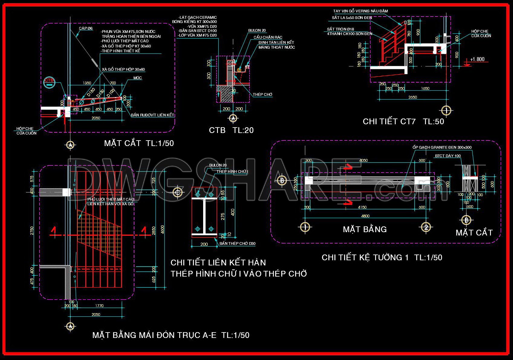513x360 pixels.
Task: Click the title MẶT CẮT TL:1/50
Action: (139, 143)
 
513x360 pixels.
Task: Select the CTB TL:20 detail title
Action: (231, 130)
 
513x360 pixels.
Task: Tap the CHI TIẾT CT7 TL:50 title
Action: (403, 122)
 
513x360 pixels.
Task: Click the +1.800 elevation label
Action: (477, 59)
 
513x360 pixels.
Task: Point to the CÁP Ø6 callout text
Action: (86, 28)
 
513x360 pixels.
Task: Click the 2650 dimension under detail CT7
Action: (412, 97)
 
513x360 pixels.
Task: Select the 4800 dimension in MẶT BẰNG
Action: (365, 216)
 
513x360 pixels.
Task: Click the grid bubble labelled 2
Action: (426, 227)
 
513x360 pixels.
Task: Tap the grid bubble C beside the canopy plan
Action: (177, 192)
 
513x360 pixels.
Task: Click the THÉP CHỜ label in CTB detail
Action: (262, 95)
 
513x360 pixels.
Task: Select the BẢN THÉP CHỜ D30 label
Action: (237, 243)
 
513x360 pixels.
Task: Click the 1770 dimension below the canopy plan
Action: (99, 306)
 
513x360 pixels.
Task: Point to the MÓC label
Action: (138, 78)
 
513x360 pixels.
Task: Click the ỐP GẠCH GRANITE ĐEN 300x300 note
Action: (442, 148)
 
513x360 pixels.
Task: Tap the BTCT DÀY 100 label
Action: (448, 156)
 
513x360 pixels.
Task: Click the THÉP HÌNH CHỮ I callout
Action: (232, 172)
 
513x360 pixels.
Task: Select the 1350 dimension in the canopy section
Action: (87, 83)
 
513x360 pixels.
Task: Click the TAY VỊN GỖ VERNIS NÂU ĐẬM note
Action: (360, 11)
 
